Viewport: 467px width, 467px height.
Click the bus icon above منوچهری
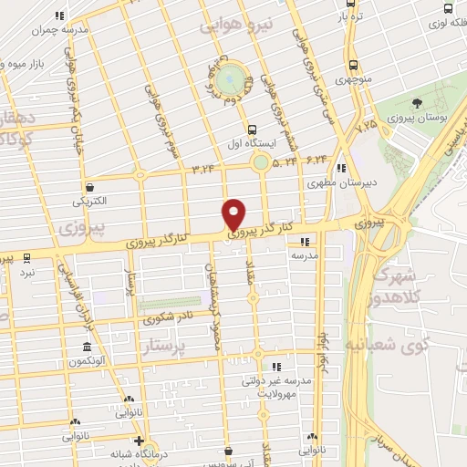pos(352,65)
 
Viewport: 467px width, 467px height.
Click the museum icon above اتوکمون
pos(87,348)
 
